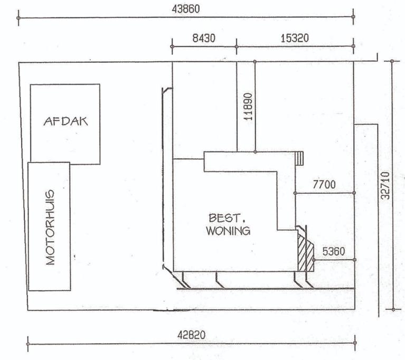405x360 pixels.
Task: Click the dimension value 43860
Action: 186,9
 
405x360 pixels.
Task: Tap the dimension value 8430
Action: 204,38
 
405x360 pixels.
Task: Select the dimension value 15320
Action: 295,38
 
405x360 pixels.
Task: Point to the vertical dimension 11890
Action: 248,107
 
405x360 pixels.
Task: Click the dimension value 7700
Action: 324,184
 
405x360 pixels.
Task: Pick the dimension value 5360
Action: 334,251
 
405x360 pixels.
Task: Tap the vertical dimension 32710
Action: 385,185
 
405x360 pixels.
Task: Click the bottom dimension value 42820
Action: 191,335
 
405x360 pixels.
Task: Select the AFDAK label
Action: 65,121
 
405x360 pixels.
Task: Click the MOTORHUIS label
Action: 50,228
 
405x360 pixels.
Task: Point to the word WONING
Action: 228,231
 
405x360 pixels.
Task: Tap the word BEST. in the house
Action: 227,218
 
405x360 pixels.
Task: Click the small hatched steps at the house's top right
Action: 299,158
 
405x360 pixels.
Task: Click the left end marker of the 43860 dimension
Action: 18,18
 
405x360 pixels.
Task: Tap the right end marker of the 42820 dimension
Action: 355,343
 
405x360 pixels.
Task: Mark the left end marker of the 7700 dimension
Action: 295,193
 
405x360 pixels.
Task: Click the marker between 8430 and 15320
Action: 237,46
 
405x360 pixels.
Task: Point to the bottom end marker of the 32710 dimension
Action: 393,309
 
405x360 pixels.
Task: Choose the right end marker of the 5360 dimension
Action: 354,260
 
